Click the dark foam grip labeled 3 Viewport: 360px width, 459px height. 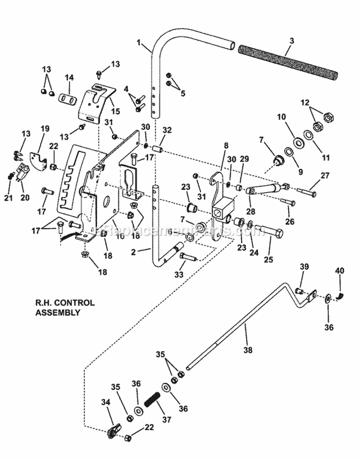pos(288,62)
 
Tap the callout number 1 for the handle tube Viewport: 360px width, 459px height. pos(139,43)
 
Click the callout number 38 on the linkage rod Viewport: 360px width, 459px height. pos(248,350)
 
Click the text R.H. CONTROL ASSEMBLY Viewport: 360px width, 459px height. pos(65,307)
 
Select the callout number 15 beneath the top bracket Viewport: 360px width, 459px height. pos(115,111)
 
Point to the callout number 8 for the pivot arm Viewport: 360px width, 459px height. pos(226,144)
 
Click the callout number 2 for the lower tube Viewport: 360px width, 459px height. pos(136,250)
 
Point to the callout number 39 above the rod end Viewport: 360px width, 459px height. pos(304,267)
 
